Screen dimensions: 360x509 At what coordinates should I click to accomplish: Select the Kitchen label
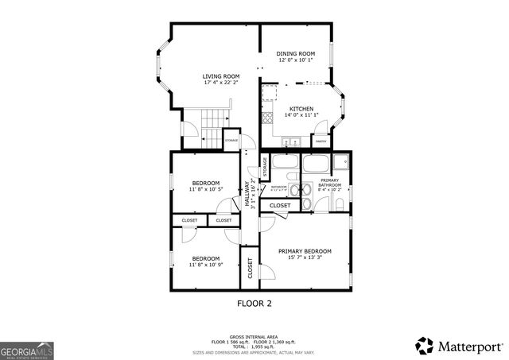pyautogui.click(x=301, y=109)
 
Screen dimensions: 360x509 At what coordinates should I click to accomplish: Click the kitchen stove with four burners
pyautogui.click(x=268, y=118)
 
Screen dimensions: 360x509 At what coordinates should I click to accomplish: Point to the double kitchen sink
pyautogui.click(x=291, y=142)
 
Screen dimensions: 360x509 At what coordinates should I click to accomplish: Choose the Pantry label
pyautogui.click(x=321, y=141)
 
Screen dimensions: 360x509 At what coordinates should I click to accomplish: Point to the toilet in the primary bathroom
pyautogui.click(x=340, y=205)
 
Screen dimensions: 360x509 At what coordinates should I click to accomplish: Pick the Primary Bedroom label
pyautogui.click(x=305, y=251)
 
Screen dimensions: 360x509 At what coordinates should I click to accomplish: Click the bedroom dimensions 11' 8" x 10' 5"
pyautogui.click(x=205, y=189)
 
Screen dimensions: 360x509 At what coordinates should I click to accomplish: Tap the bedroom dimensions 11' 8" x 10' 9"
pyautogui.click(x=205, y=265)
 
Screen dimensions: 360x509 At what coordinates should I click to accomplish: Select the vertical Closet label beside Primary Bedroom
pyautogui.click(x=249, y=270)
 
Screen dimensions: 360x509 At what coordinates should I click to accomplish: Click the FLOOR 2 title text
pyautogui.click(x=254, y=304)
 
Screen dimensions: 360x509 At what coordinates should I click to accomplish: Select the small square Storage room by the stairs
pyautogui.click(x=231, y=140)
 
